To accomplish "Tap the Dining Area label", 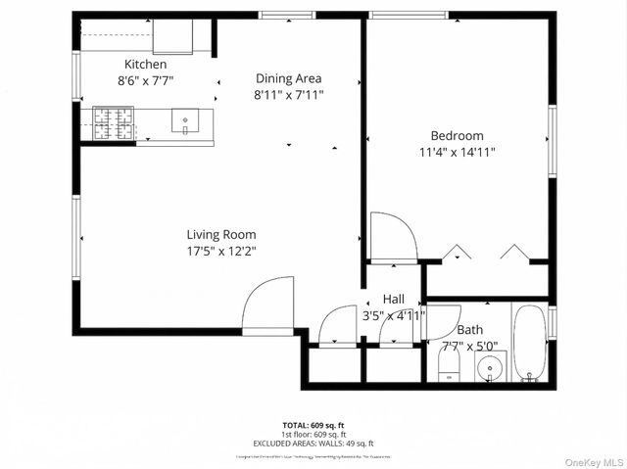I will (x=288, y=78).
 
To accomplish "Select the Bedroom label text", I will (x=458, y=135).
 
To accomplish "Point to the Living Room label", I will (x=221, y=234).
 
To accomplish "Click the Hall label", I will (x=393, y=299).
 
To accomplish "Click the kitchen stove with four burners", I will (x=113, y=121).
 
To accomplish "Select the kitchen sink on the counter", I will (x=184, y=121).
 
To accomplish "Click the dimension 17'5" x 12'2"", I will (x=221, y=251).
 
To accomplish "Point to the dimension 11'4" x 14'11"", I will (x=458, y=152).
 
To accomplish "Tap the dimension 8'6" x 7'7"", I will (x=146, y=81).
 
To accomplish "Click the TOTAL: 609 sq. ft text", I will (x=313, y=424).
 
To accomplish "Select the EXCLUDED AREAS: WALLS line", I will (x=313, y=444).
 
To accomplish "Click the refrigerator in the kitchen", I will (x=174, y=37).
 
